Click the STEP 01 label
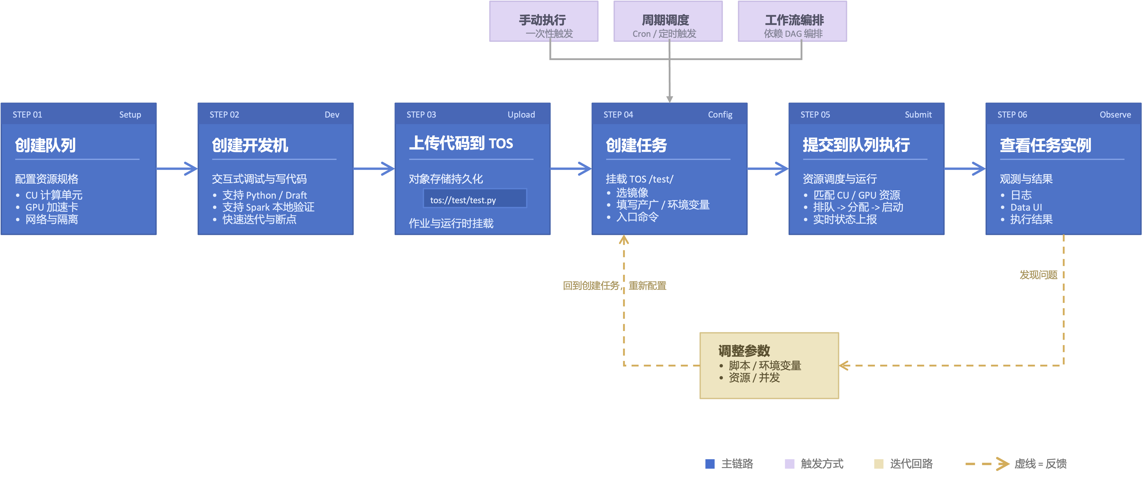pyautogui.click(x=27, y=115)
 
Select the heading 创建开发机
pyautogui.click(x=250, y=145)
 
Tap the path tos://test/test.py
pyautogui.click(x=463, y=200)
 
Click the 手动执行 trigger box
pyautogui.click(x=544, y=21)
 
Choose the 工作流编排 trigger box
pyautogui.click(x=792, y=21)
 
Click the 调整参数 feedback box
pyautogui.click(x=769, y=366)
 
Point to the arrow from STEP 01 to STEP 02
pyautogui.click(x=177, y=168)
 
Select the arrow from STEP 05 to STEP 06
pyautogui.click(x=965, y=168)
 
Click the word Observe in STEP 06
pyautogui.click(x=1115, y=115)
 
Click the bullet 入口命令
pyautogui.click(x=637, y=217)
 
